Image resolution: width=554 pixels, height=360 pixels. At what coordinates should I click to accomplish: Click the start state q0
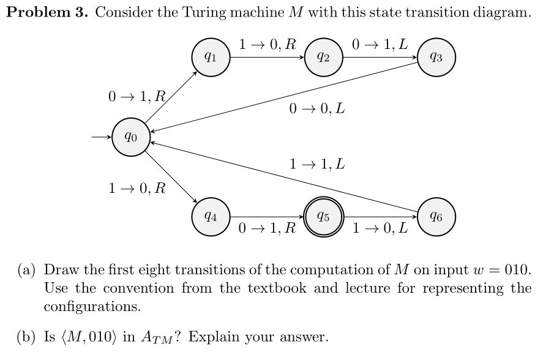tap(130, 138)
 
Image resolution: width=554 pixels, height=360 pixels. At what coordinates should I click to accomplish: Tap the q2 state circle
tap(324, 58)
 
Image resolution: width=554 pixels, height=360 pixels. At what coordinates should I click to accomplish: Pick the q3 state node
tap(436, 58)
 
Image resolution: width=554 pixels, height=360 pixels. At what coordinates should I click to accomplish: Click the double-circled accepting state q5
tap(324, 217)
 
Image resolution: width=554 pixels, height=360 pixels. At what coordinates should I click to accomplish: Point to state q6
tap(436, 217)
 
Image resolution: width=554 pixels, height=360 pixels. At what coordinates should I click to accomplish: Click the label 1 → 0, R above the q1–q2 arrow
tap(268, 44)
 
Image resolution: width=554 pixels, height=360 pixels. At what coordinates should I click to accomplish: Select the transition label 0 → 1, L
tap(380, 44)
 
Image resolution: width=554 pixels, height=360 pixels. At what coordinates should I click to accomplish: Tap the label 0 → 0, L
tap(316, 110)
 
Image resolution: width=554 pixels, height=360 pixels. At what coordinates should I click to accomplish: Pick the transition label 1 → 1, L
tap(316, 164)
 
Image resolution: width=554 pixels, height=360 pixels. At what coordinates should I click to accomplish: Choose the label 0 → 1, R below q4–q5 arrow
tap(268, 230)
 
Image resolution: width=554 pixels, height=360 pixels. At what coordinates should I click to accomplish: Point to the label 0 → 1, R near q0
tap(136, 96)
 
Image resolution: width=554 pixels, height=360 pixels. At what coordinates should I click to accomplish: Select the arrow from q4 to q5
tap(268, 217)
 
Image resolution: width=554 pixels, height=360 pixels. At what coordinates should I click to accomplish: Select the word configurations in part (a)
tap(91, 306)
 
